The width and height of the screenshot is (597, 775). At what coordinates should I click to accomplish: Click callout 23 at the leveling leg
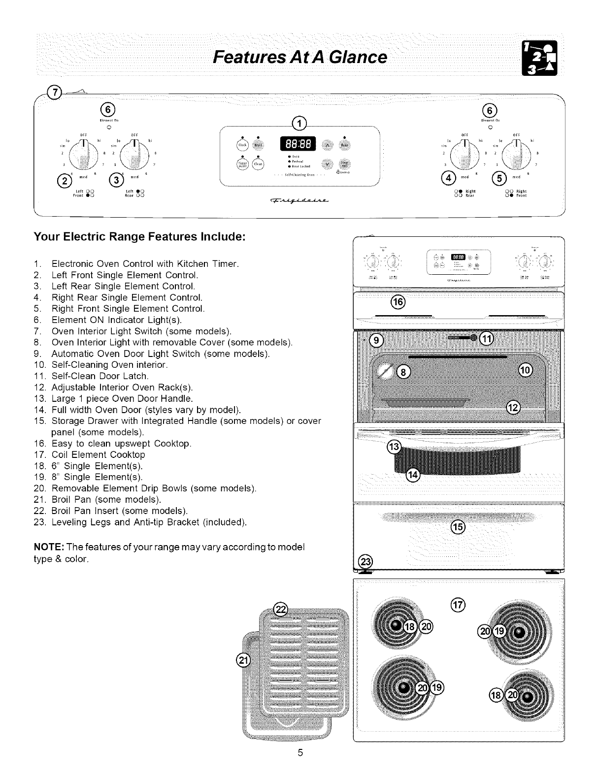tap(365, 561)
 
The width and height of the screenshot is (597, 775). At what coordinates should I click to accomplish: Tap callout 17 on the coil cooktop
tap(458, 605)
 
